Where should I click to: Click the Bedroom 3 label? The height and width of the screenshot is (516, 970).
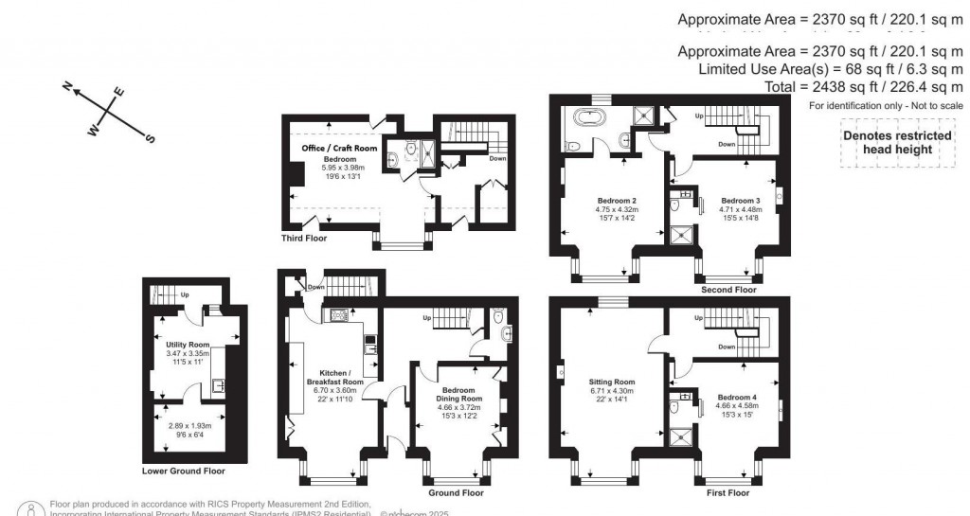point(740,201)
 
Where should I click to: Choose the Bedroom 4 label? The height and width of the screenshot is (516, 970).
point(736,397)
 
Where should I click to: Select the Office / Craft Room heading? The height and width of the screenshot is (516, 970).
point(339,149)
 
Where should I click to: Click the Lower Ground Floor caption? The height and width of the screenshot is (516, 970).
point(184,471)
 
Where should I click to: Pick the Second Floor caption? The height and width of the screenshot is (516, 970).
point(728,290)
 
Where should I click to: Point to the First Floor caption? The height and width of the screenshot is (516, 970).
point(727,493)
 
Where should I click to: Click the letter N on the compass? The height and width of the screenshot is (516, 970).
point(68,86)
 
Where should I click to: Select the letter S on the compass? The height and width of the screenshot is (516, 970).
point(149,138)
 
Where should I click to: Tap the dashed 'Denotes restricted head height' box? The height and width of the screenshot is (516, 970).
point(896,142)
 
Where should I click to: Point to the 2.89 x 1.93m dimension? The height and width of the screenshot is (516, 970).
point(185,427)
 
